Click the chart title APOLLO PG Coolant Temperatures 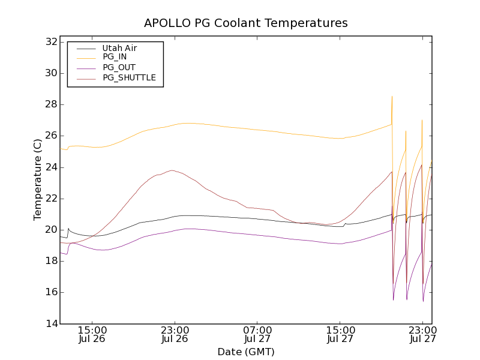click(x=245, y=23)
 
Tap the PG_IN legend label click(x=115, y=57)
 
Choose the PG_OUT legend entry click(x=119, y=67)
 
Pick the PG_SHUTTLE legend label click(x=129, y=77)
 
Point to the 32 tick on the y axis click(x=50, y=42)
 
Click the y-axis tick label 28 click(x=50, y=104)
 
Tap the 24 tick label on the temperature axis click(x=50, y=167)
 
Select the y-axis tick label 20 click(x=50, y=230)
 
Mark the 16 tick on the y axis click(x=50, y=292)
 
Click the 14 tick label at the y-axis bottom click(x=50, y=324)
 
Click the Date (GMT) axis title click(x=245, y=352)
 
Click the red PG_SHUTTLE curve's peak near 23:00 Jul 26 click(x=172, y=170)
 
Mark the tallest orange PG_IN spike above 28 click(x=392, y=97)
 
